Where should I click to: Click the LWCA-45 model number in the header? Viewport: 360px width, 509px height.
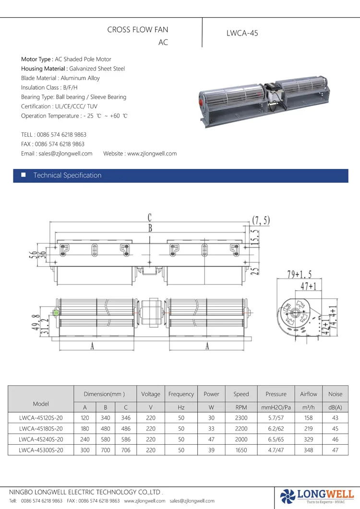click(242, 34)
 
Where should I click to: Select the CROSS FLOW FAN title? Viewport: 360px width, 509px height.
click(137, 30)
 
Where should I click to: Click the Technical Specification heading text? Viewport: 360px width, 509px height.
click(67, 176)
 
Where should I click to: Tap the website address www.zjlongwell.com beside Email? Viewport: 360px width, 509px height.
click(152, 154)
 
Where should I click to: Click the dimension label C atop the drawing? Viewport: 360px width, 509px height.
click(150, 218)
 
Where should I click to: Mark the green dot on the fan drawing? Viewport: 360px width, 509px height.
click(56, 313)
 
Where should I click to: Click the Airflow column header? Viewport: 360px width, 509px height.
click(309, 394)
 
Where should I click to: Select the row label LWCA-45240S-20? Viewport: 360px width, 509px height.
click(41, 439)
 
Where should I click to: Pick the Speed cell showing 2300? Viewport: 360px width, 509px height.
click(241, 418)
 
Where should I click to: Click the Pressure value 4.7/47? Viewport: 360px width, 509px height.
click(276, 450)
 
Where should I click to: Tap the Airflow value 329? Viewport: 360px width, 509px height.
click(309, 439)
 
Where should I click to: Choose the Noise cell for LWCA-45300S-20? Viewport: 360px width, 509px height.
click(335, 450)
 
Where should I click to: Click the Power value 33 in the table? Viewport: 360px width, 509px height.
click(211, 428)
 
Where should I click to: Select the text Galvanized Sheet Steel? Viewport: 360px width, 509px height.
click(97, 69)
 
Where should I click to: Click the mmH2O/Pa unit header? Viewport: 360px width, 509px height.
click(276, 407)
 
